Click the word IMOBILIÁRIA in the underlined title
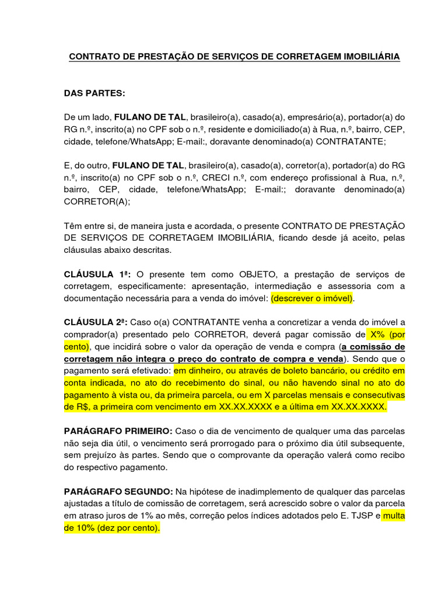click(372, 57)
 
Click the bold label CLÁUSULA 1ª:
click(97, 274)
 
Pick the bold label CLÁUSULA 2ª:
click(97, 322)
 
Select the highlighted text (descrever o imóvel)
click(312, 298)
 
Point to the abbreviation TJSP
click(360, 516)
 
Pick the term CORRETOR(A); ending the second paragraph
click(97, 201)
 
